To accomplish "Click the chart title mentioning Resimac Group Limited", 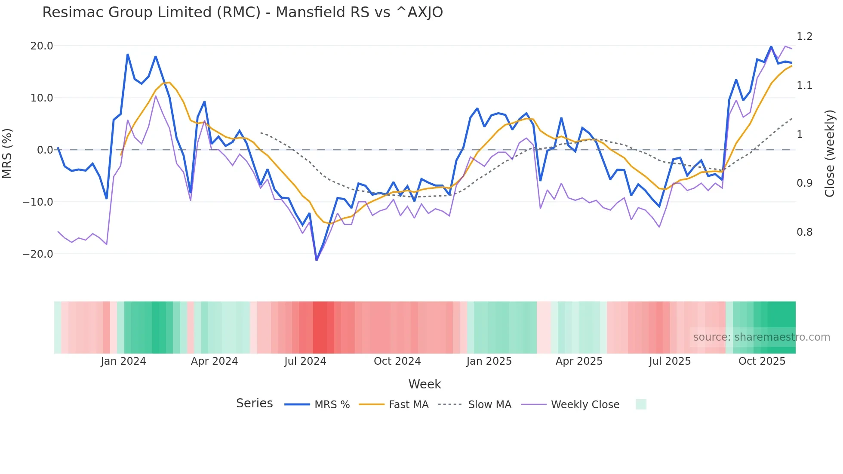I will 242,12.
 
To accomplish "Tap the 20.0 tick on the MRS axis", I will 42,46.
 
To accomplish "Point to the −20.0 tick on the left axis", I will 38,254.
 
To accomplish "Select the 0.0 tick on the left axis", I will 45,150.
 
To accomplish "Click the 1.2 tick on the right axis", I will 804,37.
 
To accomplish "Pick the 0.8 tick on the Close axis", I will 804,232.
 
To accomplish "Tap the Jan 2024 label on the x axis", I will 123,361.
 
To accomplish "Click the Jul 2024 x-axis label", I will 305,361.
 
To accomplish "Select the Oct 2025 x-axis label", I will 762,361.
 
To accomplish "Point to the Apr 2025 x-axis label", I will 579,361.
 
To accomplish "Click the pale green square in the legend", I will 641,405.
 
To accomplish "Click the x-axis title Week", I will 425,384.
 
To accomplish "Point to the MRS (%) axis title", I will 7,154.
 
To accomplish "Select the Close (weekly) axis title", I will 830,154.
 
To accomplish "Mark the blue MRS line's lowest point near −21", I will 317,260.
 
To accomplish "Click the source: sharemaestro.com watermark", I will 761,337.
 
